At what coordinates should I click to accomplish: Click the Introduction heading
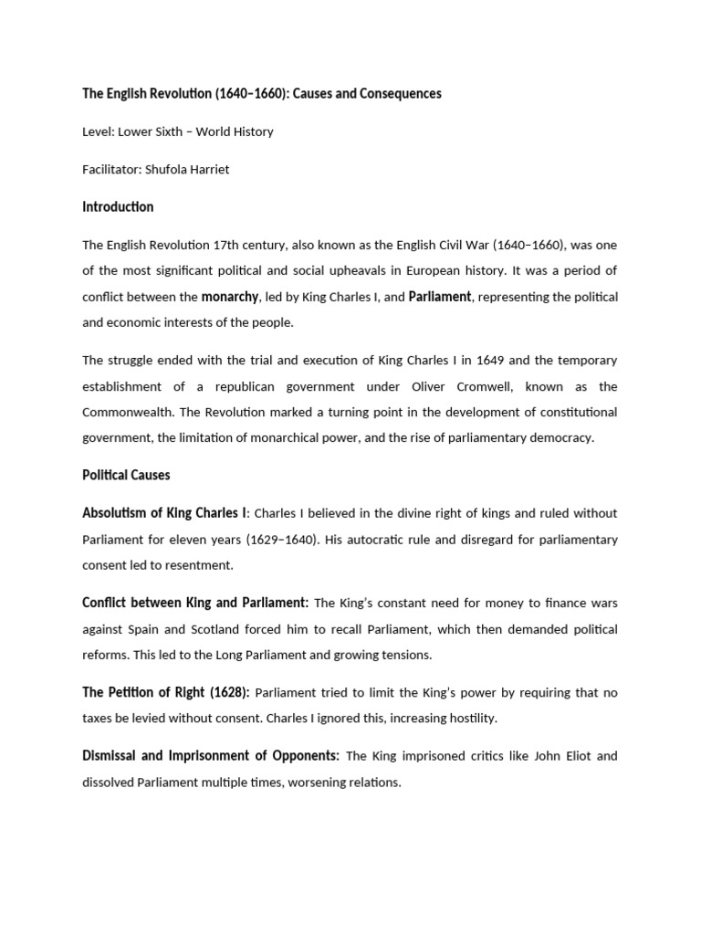tap(118, 207)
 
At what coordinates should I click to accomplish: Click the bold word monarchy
tap(230, 296)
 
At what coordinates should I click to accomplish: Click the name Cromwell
tap(480, 386)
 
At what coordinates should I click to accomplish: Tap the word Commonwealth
tap(125, 412)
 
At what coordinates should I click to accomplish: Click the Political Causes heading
tap(126, 476)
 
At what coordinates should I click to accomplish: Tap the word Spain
tap(146, 629)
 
